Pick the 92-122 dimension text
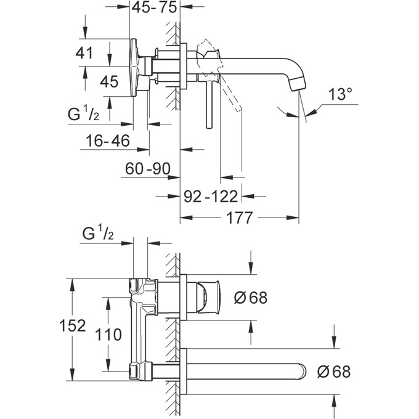211,197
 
